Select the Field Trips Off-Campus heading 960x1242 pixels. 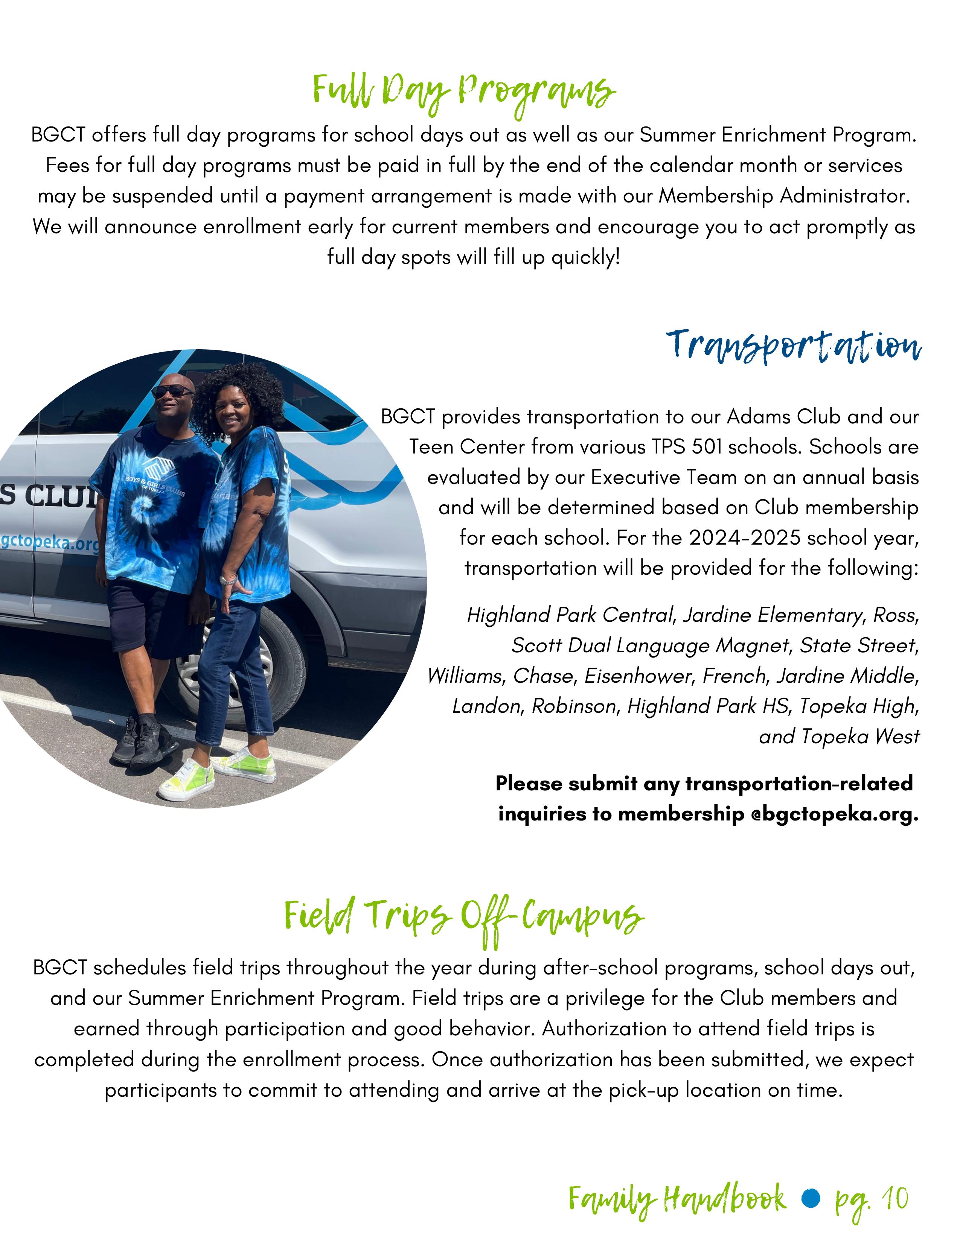[463, 916]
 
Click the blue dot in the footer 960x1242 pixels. [811, 1199]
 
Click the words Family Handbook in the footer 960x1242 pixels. [677, 1199]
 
